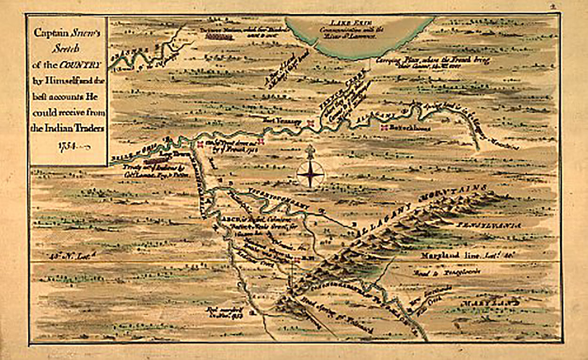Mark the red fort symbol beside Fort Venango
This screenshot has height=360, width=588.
[310, 123]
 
